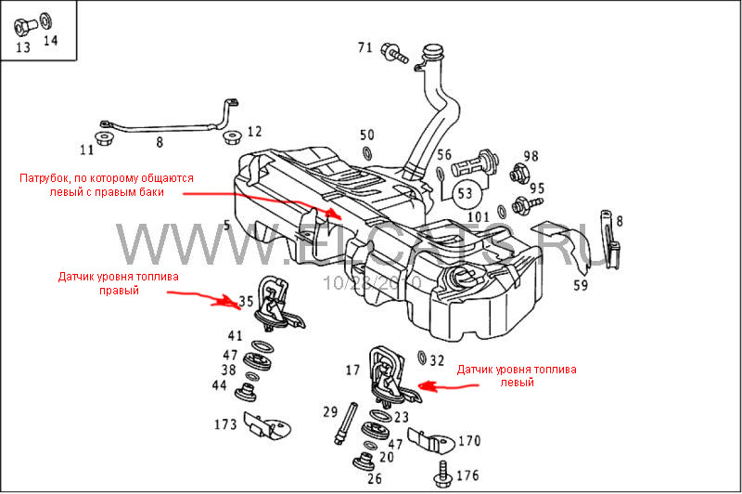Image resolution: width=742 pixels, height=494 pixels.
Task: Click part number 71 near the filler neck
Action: coord(365,47)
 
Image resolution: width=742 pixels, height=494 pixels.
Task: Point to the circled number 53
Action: coord(465,194)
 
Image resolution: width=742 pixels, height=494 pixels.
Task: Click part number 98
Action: coord(531,155)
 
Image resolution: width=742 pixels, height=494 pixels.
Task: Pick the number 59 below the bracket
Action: coord(580,285)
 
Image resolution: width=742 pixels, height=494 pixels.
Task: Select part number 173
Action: coord(225,424)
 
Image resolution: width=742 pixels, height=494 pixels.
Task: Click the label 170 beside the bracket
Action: coord(469,440)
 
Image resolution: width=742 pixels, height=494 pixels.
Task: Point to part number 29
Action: coord(330,411)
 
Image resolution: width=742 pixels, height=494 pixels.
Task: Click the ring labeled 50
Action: coord(367,152)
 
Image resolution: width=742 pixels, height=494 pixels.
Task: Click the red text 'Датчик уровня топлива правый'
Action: coord(118,283)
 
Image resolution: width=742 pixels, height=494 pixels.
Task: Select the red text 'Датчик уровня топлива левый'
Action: coord(518,376)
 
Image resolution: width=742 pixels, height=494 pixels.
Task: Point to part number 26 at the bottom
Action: coord(375,479)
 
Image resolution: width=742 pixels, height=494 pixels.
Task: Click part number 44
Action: coord(219,385)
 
